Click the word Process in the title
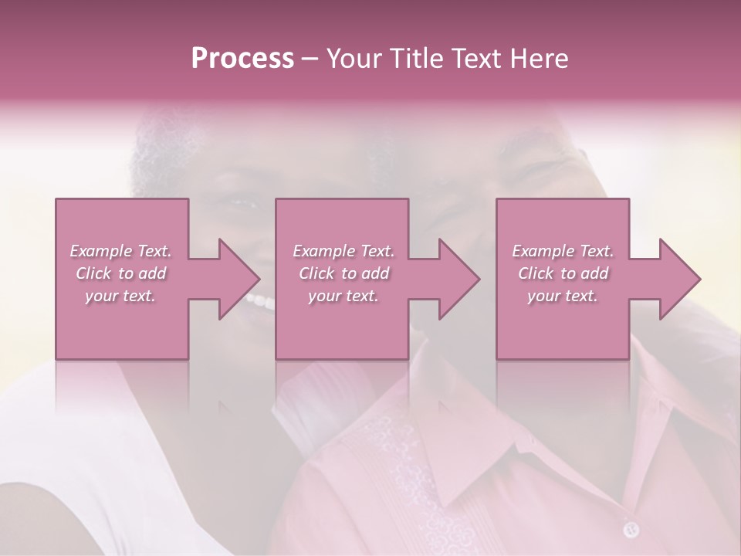(x=242, y=59)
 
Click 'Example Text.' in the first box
(x=120, y=251)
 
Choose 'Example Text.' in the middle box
(x=343, y=251)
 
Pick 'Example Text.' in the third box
(x=563, y=251)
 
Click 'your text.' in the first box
(x=120, y=296)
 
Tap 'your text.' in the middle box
(x=343, y=296)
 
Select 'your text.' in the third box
(x=563, y=296)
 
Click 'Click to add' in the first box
(x=120, y=273)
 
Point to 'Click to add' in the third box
(x=563, y=273)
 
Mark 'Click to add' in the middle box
(x=343, y=273)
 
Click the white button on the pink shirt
(x=631, y=529)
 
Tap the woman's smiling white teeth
(x=261, y=300)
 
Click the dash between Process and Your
(x=310, y=59)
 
